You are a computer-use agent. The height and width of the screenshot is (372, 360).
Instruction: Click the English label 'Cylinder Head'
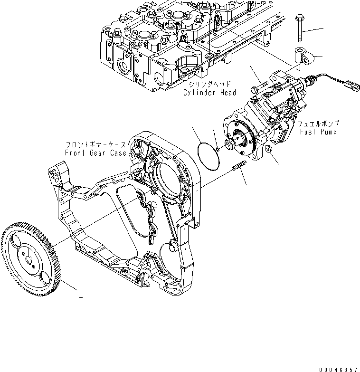209,93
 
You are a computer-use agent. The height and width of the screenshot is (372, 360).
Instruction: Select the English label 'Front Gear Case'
96,153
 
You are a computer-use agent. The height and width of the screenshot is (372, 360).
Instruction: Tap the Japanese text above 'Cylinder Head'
209,85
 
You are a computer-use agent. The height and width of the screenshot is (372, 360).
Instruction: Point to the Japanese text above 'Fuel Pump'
318,124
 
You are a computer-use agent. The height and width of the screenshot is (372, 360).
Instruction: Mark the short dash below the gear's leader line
81,298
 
